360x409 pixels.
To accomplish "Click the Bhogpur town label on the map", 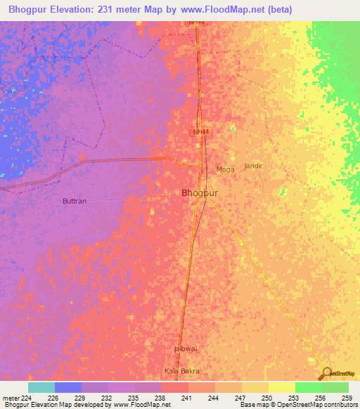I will (x=200, y=193).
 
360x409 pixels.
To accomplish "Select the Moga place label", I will (x=225, y=169).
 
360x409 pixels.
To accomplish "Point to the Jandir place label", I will (x=253, y=166).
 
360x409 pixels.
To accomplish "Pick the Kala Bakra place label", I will (x=182, y=371).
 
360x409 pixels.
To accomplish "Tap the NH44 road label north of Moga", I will (x=202, y=131).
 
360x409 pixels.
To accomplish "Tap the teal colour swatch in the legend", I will (x=41, y=387).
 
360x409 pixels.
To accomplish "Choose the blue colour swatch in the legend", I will (x=68, y=387).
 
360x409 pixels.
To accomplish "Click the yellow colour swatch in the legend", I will (x=281, y=387).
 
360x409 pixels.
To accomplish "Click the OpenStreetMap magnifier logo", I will (x=326, y=374).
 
